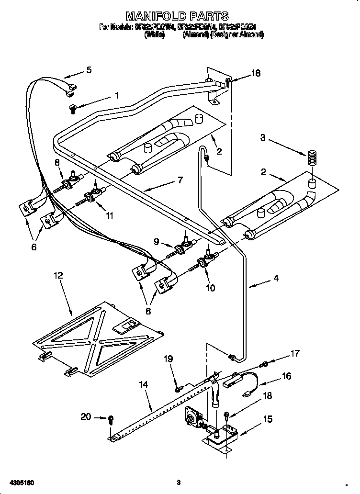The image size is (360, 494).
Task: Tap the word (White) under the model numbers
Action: [x=155, y=35]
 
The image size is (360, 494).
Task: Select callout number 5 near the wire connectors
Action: [x=88, y=70]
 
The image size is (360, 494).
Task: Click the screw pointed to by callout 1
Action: [x=72, y=108]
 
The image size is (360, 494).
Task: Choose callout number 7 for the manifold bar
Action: [x=180, y=180]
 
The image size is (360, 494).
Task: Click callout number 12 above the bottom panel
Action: [x=58, y=275]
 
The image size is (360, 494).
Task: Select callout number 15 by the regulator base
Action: [x=268, y=419]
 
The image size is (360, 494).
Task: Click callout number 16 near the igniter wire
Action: [x=287, y=376]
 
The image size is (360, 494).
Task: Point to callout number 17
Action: [x=295, y=354]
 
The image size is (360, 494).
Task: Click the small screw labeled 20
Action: [x=111, y=419]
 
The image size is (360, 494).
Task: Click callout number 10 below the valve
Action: [x=210, y=288]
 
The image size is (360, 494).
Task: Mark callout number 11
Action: [x=110, y=216]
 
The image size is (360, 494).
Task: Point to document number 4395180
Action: [x=20, y=482]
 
